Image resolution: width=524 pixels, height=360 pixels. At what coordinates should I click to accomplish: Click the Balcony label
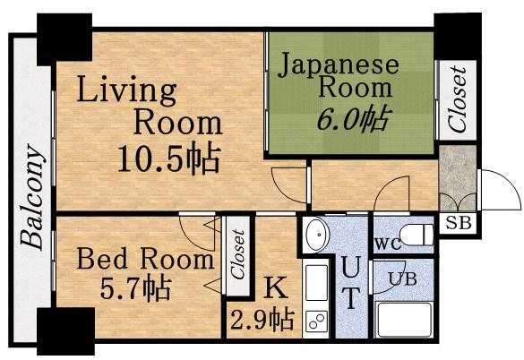tap(32, 197)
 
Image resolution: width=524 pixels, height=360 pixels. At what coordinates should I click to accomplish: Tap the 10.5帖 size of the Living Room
tap(169, 159)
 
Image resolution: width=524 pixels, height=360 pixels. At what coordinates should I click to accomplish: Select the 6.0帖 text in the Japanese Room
tap(353, 118)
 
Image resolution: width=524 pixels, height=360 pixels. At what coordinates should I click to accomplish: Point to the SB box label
tap(459, 222)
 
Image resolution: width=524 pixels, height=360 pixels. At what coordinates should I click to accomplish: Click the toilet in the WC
tap(417, 234)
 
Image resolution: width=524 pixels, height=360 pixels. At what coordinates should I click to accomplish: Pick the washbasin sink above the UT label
tap(317, 235)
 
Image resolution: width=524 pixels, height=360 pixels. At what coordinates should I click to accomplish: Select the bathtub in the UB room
tap(404, 320)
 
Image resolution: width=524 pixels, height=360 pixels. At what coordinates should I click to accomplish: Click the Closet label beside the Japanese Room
tap(457, 99)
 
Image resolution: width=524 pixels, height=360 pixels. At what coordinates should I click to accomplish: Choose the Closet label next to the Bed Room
tap(239, 254)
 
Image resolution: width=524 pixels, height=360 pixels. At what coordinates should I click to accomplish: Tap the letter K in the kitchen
tap(276, 287)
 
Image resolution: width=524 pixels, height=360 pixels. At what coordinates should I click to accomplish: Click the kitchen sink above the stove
tap(317, 283)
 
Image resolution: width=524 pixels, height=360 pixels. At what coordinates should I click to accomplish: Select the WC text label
tap(388, 244)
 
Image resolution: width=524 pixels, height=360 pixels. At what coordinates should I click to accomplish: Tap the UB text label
tap(403, 279)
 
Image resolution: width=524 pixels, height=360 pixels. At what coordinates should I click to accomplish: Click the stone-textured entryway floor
tap(458, 178)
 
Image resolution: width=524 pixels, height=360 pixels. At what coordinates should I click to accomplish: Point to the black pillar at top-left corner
tap(64, 39)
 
